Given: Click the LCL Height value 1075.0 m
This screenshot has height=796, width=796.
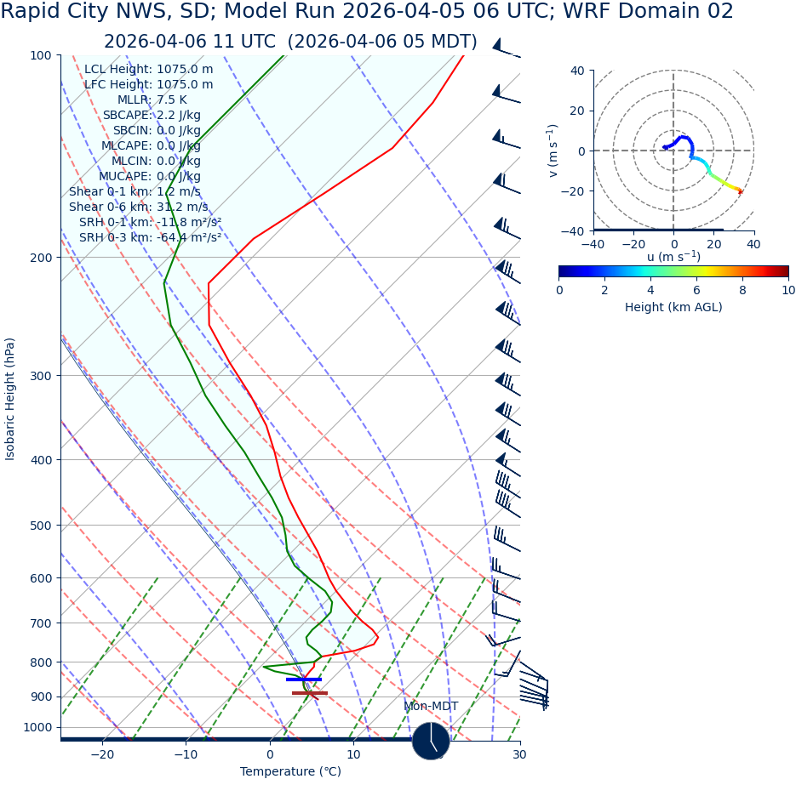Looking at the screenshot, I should tap(185, 70).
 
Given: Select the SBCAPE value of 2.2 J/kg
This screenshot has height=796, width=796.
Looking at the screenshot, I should tap(178, 116).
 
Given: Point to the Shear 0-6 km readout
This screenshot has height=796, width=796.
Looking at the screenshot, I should tap(138, 208).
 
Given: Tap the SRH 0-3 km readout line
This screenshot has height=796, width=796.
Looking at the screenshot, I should tap(150, 238).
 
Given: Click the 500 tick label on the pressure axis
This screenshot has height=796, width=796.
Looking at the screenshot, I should tap(41, 526).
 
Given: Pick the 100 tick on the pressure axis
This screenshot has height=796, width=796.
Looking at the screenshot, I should tap(41, 56).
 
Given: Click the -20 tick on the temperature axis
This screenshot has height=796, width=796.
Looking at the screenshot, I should tap(102, 755).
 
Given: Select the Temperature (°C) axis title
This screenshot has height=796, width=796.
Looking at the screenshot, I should tap(290, 772).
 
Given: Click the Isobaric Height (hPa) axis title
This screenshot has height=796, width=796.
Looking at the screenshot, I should tap(10, 399).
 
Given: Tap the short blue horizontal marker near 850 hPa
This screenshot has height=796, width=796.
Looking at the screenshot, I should tap(304, 679).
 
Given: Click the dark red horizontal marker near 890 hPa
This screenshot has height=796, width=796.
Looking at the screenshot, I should tap(310, 693).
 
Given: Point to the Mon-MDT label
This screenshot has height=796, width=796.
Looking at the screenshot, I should tap(431, 707).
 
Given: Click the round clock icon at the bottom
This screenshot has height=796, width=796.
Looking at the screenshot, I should tap(431, 741).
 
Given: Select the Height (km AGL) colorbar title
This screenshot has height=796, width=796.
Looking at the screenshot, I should tap(673, 308).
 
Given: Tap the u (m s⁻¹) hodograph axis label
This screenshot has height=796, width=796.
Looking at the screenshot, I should tap(673, 257).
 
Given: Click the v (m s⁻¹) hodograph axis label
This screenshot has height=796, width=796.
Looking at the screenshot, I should tap(553, 151).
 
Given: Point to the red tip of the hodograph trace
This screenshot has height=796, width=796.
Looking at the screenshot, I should tap(739, 191).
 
